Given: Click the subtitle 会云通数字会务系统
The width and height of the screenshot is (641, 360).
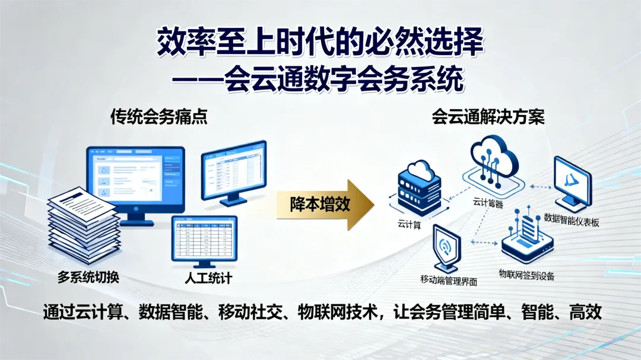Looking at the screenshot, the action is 343,80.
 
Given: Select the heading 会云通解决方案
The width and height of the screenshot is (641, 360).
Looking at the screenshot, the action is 488,117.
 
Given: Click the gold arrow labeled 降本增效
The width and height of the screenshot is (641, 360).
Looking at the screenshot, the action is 323,205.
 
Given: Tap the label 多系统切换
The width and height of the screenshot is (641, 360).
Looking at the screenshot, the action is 88,277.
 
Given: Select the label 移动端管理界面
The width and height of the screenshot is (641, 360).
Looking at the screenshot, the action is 449,279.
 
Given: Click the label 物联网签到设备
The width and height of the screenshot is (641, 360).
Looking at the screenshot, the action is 527,275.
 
